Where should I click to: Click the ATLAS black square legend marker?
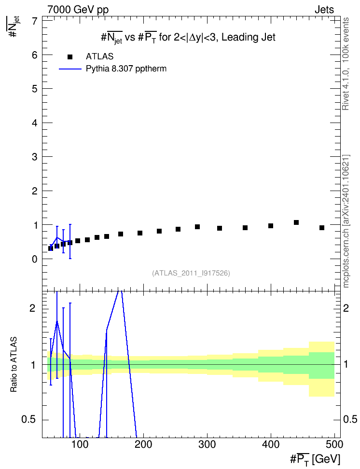click(x=69, y=57)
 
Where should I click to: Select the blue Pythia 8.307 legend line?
click(x=70, y=69)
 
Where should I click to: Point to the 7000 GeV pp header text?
click(x=78, y=10)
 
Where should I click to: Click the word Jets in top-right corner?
click(x=324, y=10)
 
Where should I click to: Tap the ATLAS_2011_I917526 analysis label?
click(x=191, y=273)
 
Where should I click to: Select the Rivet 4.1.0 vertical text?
click(x=346, y=64)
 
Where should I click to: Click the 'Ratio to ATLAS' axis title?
click(x=14, y=365)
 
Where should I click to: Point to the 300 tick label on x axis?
click(x=207, y=444)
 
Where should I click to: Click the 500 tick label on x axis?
click(x=334, y=444)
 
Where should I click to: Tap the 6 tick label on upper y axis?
click(x=35, y=55)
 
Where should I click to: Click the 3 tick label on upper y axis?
click(x=35, y=157)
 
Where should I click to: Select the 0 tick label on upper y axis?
click(x=35, y=259)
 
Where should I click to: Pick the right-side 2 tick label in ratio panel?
click(x=346, y=308)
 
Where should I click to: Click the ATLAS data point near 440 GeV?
click(x=296, y=222)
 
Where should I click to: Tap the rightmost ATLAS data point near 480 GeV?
click(x=322, y=228)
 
